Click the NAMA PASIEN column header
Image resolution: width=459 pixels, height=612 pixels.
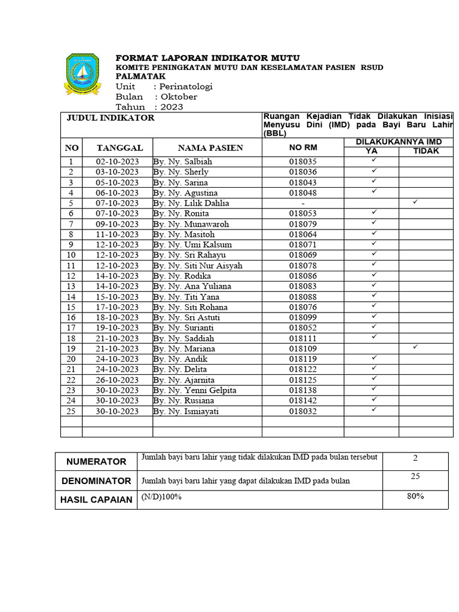pyautogui.click(x=207, y=148)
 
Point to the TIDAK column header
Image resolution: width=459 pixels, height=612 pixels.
pyautogui.click(x=426, y=151)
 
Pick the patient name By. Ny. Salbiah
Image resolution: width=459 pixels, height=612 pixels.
pyautogui.click(x=182, y=162)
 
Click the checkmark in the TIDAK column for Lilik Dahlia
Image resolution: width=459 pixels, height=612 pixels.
pyautogui.click(x=415, y=203)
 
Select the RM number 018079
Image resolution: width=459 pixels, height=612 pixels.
pyautogui.click(x=303, y=224)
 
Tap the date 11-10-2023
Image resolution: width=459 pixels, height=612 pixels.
pyautogui.click(x=117, y=234)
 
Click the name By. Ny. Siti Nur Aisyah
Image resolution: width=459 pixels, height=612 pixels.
pyautogui.click(x=198, y=265)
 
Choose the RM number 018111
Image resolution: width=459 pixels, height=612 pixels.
pyautogui.click(x=303, y=338)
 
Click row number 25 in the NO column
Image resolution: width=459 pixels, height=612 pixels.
pyautogui.click(x=71, y=411)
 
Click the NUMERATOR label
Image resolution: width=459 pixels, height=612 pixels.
pyautogui.click(x=96, y=461)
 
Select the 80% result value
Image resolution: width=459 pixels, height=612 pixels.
pyautogui.click(x=415, y=497)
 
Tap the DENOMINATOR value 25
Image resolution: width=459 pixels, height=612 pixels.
pyautogui.click(x=415, y=476)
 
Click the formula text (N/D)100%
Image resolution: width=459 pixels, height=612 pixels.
pyautogui.click(x=161, y=497)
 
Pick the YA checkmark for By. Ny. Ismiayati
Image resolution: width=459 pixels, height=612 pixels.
pyautogui.click(x=374, y=409)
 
